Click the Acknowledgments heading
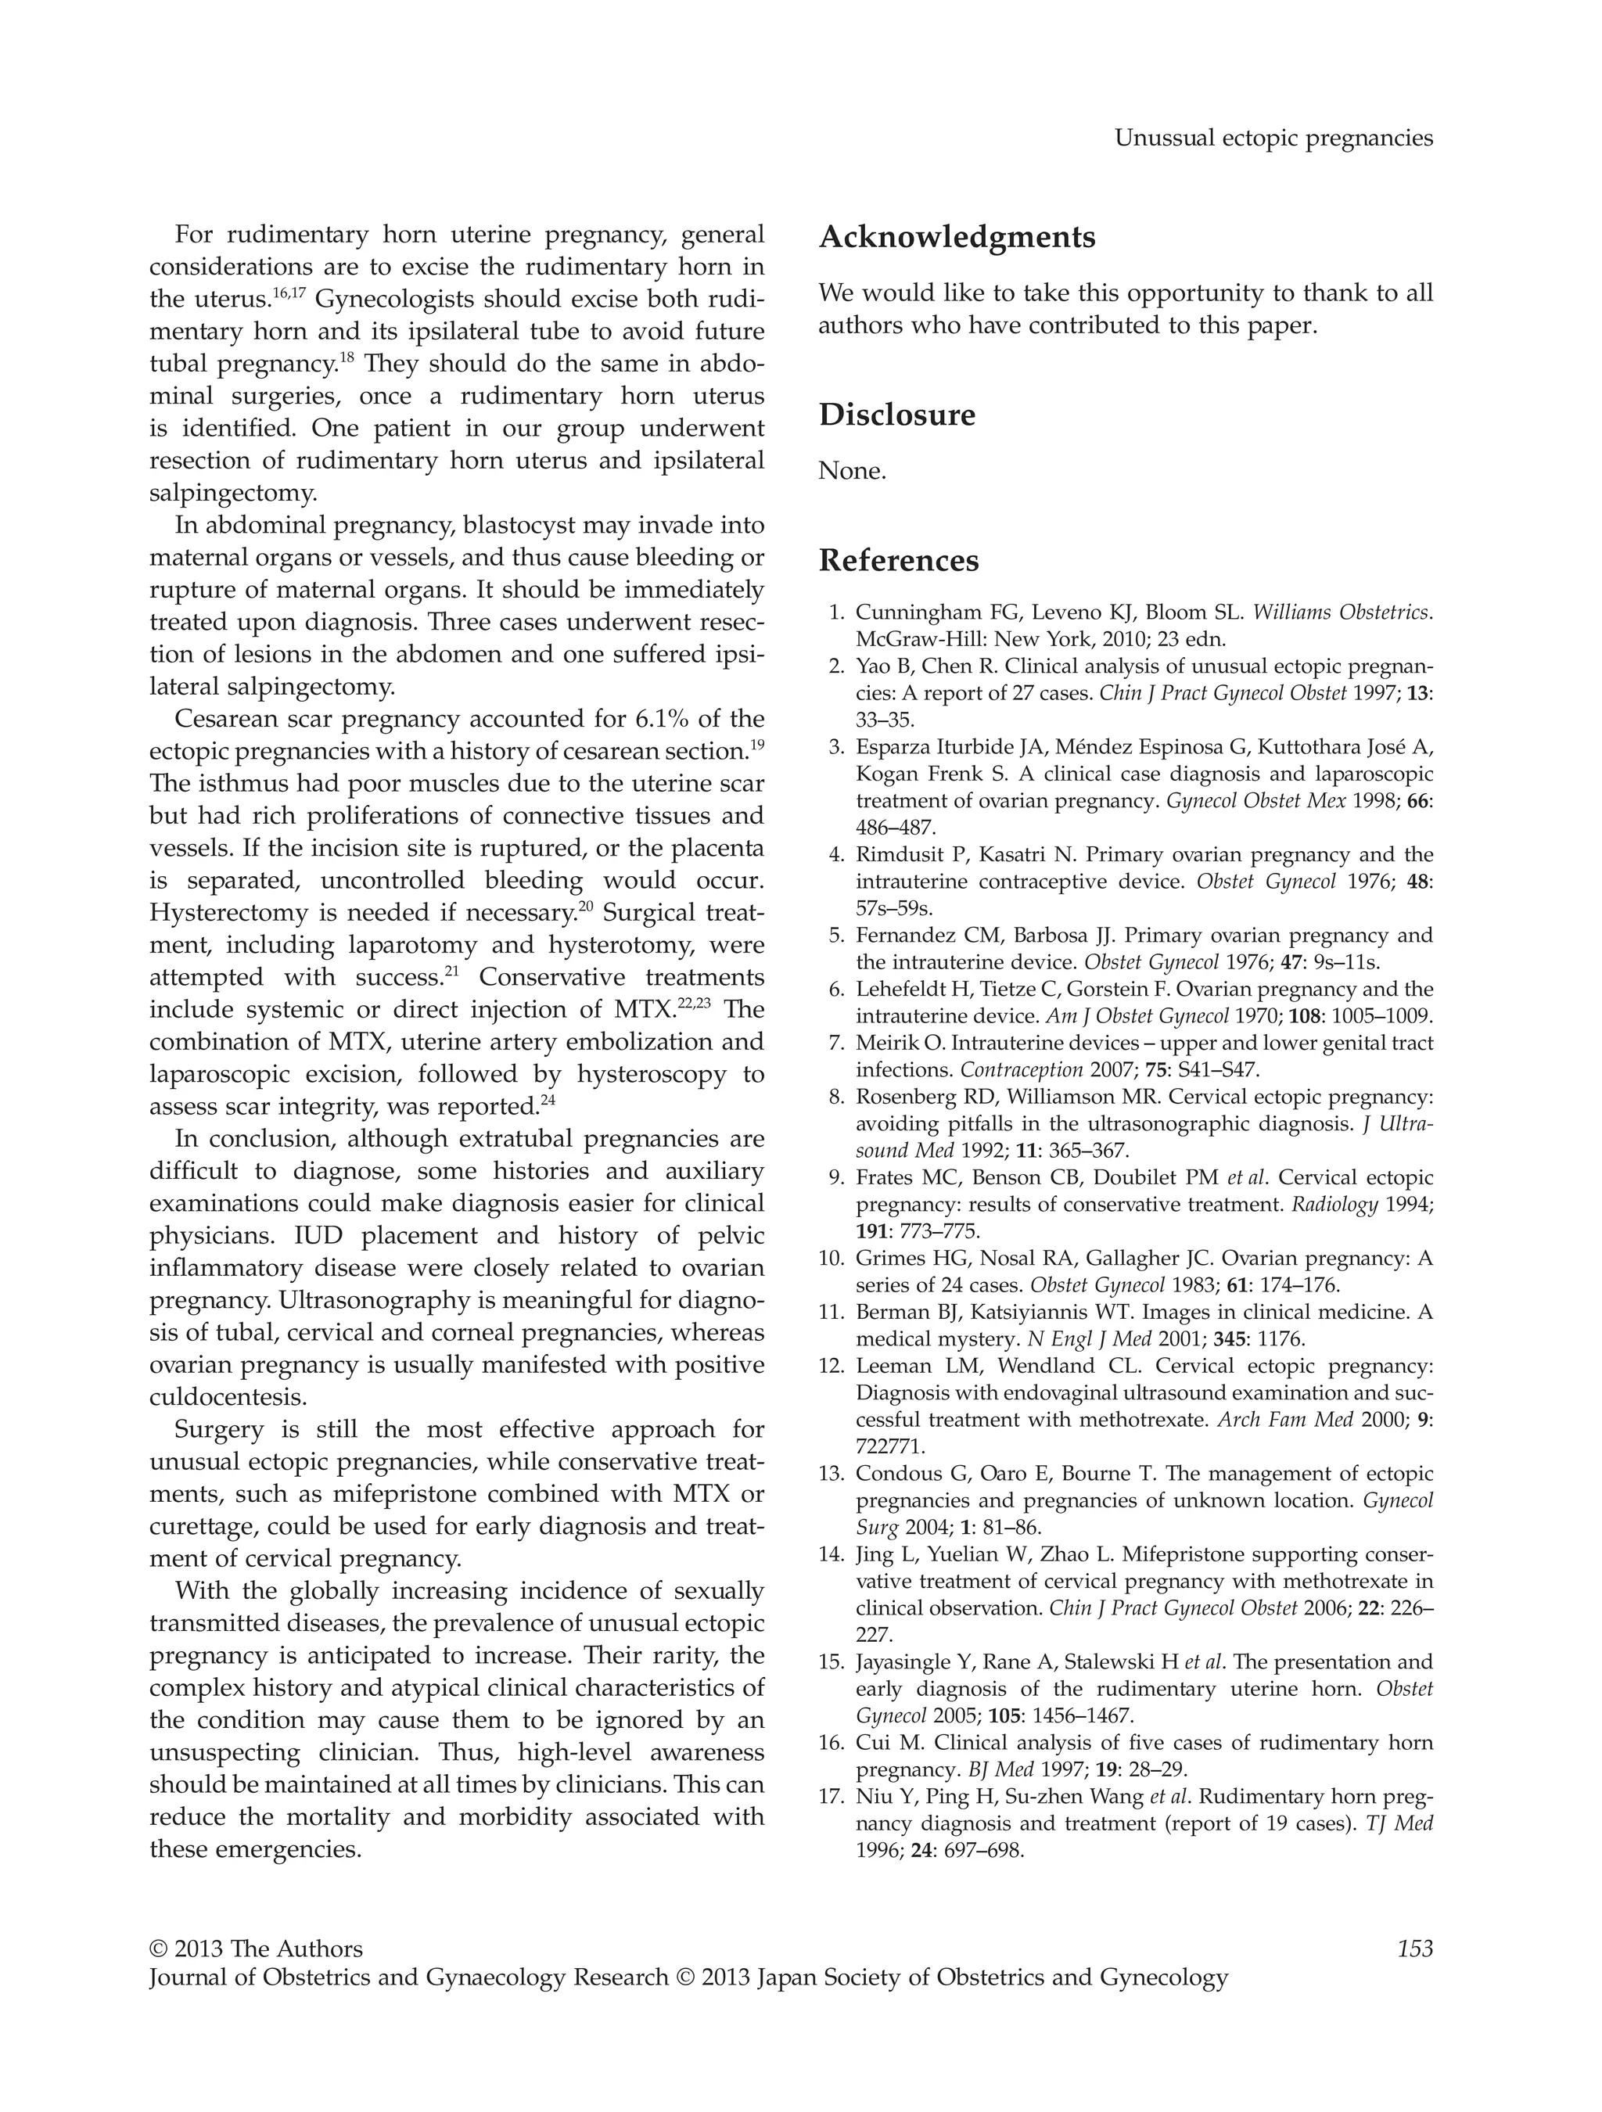point(957,237)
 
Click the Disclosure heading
point(896,415)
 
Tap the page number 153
point(1415,1949)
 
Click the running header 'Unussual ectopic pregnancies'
point(1273,138)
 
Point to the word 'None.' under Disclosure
point(852,471)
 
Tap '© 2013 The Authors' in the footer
point(256,1949)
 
